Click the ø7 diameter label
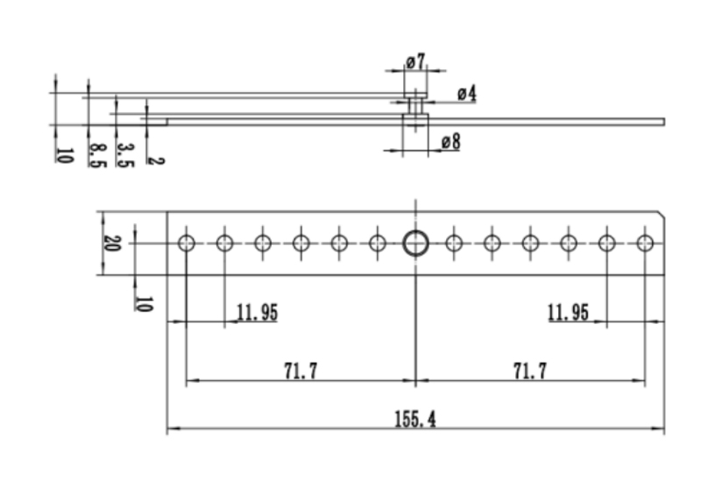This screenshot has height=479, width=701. [415, 61]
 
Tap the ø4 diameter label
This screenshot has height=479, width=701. [467, 94]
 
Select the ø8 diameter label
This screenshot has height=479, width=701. [450, 142]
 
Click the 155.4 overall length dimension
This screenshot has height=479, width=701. [414, 419]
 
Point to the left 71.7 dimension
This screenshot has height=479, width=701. [301, 371]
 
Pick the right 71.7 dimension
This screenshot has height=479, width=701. [530, 371]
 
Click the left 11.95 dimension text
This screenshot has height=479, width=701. [257, 313]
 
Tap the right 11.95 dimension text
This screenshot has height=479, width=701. [568, 313]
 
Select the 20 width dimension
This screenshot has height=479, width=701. [112, 243]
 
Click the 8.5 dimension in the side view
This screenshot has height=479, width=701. [98, 156]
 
